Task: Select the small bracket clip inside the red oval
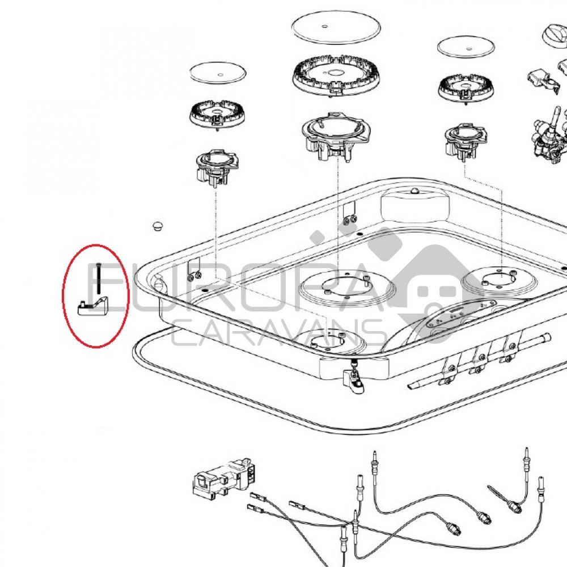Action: [x=93, y=306]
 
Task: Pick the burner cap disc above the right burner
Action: [x=466, y=46]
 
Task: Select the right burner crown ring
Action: [x=464, y=90]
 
